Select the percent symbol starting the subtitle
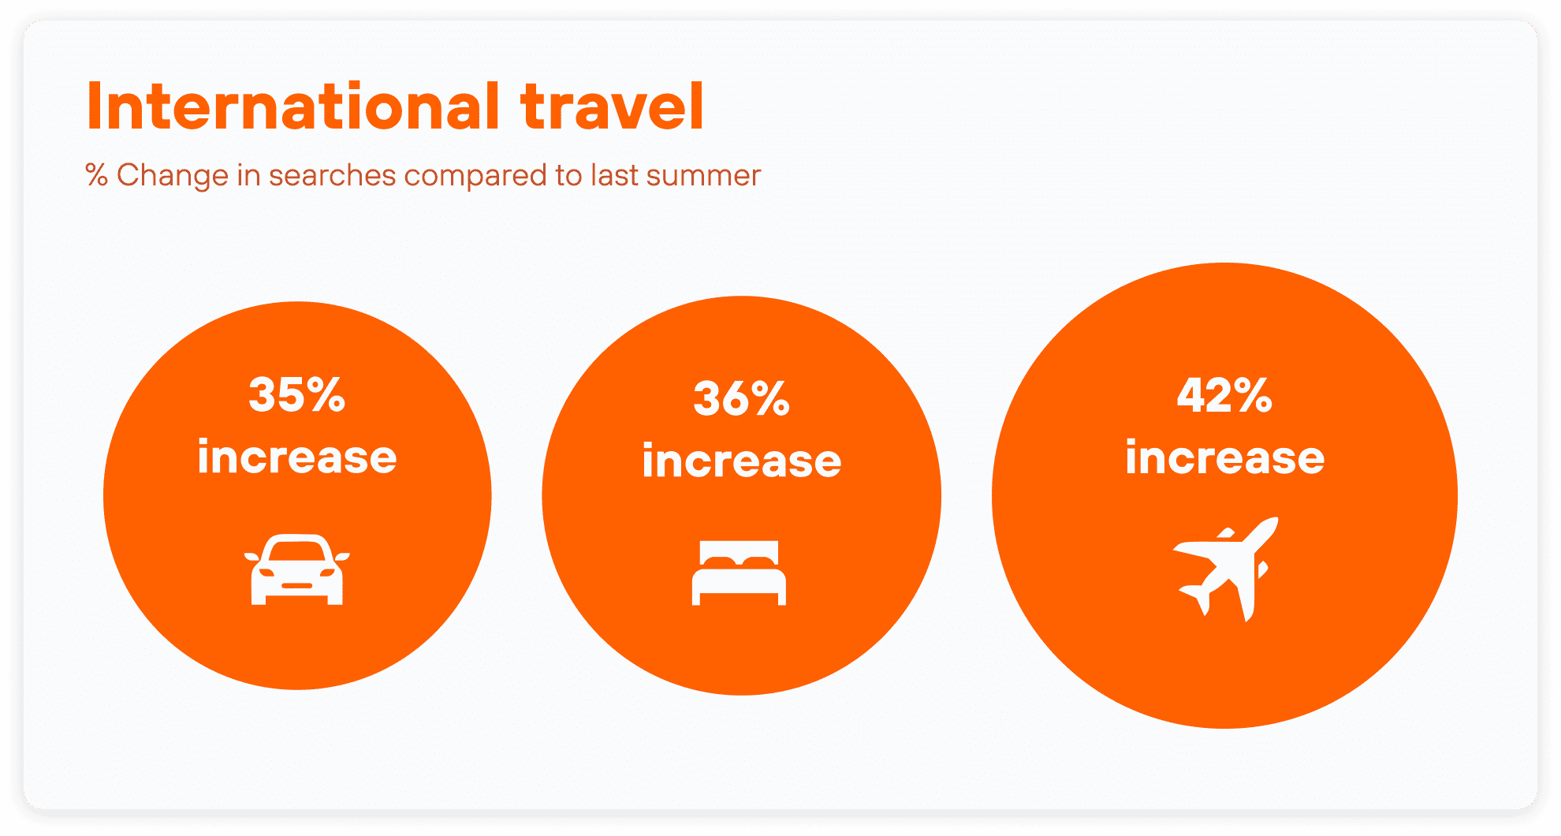(96, 175)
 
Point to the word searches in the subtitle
(333, 175)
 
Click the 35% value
(297, 394)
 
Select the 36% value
(742, 398)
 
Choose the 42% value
(1224, 395)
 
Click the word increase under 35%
(297, 457)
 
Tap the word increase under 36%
(742, 461)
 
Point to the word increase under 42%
(1225, 457)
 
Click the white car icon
(297, 569)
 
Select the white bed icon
(739, 573)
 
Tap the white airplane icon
(1225, 569)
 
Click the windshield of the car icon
(296, 551)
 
